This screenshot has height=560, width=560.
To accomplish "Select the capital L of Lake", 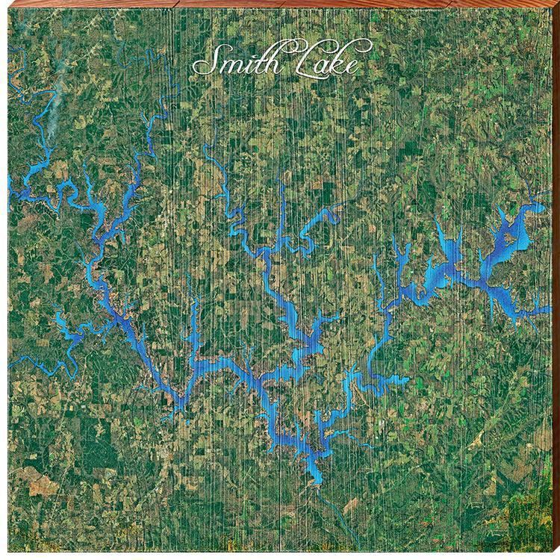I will click(x=293, y=60).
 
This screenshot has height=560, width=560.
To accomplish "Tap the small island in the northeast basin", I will click(x=509, y=238).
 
